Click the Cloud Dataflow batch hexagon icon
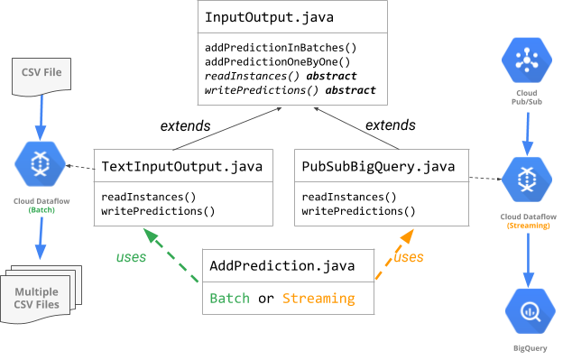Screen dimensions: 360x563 (40, 163)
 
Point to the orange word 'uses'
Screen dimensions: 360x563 (409, 257)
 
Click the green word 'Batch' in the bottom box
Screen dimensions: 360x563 (229, 299)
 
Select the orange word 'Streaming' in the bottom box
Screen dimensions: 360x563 (318, 299)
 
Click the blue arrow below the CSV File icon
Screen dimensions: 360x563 (40, 117)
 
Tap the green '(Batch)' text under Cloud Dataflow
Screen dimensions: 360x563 (40, 209)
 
